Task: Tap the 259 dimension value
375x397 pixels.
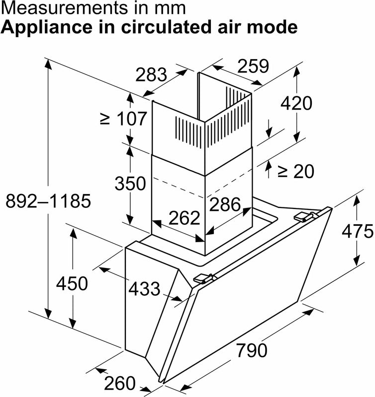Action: pos(252,66)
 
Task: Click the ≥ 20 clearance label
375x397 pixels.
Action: pos(296,171)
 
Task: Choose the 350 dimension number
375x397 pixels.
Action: pos(130,183)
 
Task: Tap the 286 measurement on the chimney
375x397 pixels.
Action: pos(225,203)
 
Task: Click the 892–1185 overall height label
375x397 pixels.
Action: pos(48,201)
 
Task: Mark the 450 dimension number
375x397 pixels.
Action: pos(72,283)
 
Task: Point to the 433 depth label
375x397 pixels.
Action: pos(144,288)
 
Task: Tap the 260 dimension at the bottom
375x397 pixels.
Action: pos(119,383)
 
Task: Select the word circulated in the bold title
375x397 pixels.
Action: pos(158,27)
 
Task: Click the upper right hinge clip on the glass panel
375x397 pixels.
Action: pos(307,216)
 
